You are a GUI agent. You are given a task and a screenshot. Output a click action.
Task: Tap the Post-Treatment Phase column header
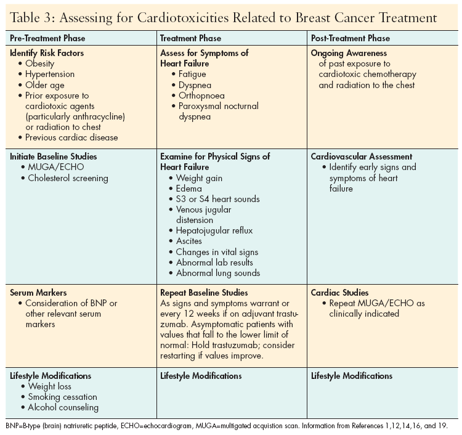click(x=350, y=38)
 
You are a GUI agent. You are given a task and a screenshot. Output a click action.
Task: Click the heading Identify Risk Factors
click(x=47, y=53)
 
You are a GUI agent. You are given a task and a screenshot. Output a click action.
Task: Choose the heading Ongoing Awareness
click(x=348, y=53)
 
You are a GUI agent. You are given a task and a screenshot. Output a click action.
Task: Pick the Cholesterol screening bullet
click(x=68, y=179)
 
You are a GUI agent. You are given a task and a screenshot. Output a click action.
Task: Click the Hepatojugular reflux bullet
click(x=214, y=230)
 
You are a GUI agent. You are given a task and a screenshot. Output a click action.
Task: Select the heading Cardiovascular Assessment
click(x=362, y=157)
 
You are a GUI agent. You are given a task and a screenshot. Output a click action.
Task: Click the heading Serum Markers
click(x=39, y=293)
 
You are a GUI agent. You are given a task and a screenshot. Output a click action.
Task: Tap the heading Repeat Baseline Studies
click(x=204, y=293)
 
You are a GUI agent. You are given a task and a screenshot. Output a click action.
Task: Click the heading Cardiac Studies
click(x=340, y=293)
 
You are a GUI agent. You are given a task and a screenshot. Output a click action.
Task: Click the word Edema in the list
click(x=189, y=189)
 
